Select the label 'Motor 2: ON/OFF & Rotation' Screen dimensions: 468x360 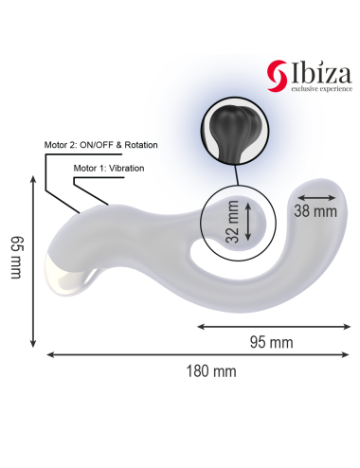coord(100,145)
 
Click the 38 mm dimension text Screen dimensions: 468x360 coord(315,210)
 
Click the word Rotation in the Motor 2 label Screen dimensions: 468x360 coord(137,145)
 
